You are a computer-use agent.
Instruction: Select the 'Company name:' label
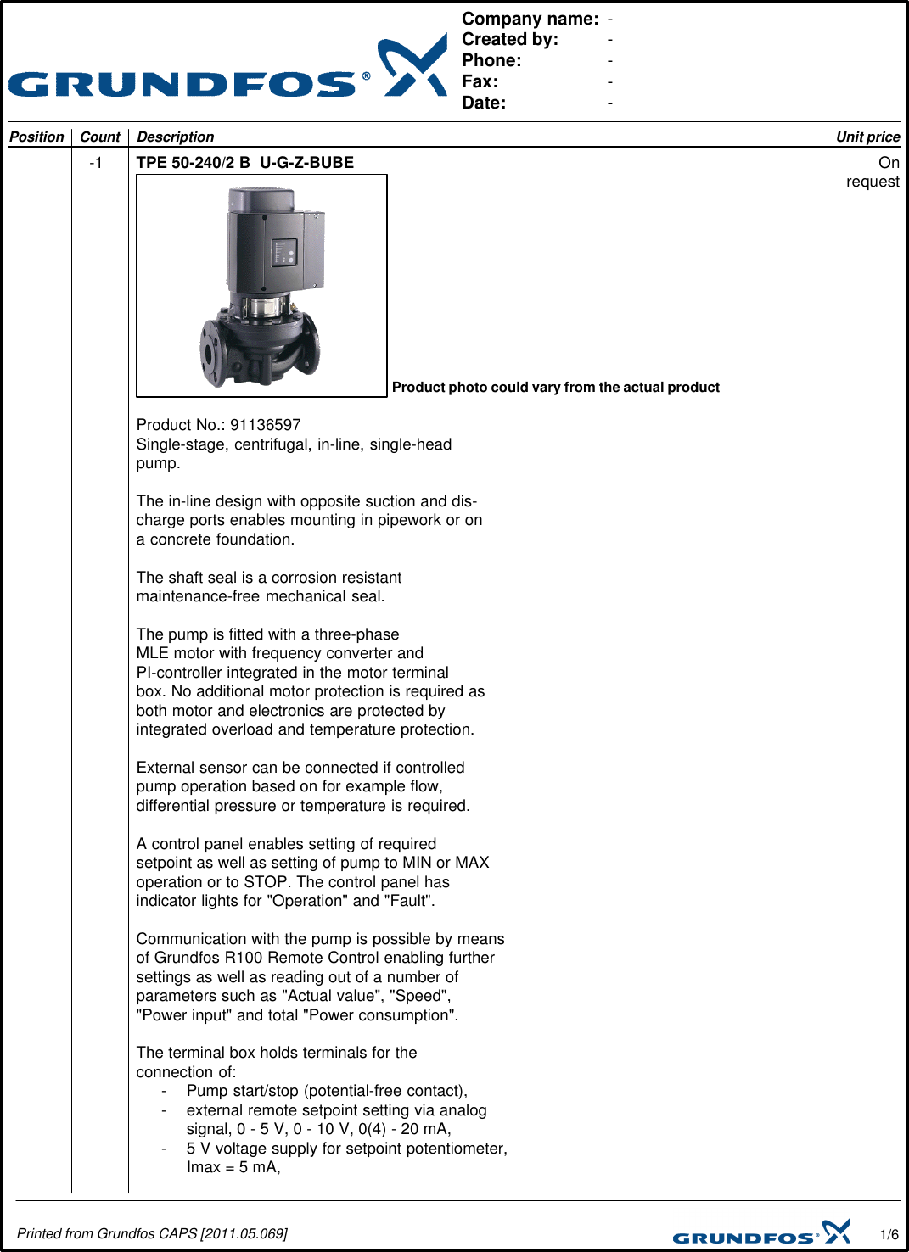pyautogui.click(x=530, y=19)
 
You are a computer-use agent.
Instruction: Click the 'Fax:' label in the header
pyautogui.click(x=480, y=82)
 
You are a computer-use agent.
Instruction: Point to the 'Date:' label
pyautogui.click(x=484, y=103)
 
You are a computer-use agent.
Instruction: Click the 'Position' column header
pyautogui.click(x=36, y=137)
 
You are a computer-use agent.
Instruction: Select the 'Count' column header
pyautogui.click(x=100, y=137)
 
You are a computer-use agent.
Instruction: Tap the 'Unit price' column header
pyautogui.click(x=867, y=137)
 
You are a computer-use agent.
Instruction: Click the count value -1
pyautogui.click(x=96, y=163)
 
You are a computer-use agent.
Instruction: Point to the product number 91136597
pyautogui.click(x=266, y=425)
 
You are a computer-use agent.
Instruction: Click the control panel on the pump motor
pyautogui.click(x=284, y=253)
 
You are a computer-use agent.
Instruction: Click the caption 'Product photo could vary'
pyautogui.click(x=555, y=388)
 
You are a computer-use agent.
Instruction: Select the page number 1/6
pyautogui.click(x=889, y=1234)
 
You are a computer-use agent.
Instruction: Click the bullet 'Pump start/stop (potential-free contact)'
pyautogui.click(x=327, y=1091)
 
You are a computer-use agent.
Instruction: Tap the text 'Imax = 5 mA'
pyautogui.click(x=233, y=1167)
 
